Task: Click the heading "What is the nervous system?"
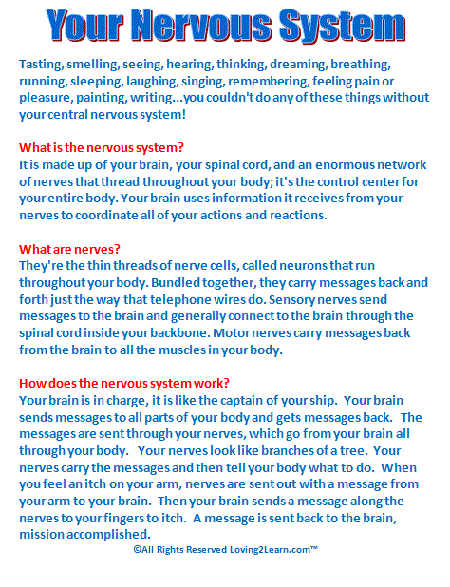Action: [x=102, y=148]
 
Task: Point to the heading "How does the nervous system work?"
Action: [x=123, y=384]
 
